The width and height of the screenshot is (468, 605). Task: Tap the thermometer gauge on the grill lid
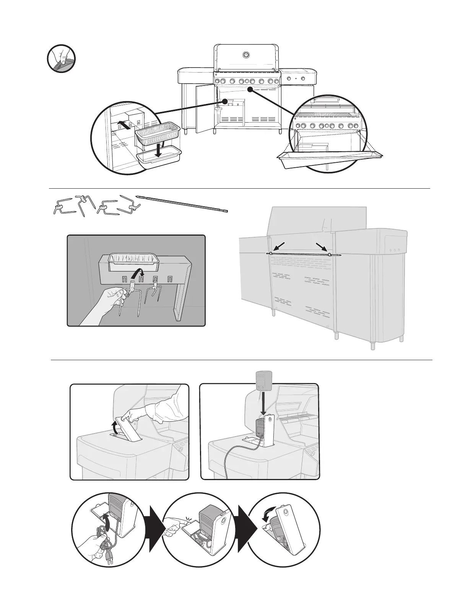[x=245, y=55]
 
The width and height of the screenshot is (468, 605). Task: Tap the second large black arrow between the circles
[x=246, y=529]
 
